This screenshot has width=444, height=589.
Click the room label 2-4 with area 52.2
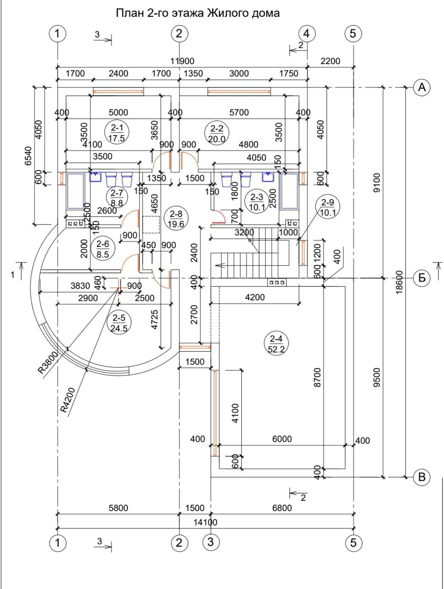click(x=276, y=343)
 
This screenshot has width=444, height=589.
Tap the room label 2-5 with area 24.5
click(x=119, y=322)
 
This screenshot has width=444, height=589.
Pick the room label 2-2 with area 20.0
click(x=217, y=133)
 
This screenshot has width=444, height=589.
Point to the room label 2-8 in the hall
click(x=176, y=218)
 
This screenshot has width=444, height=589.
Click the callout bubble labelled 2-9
click(x=328, y=207)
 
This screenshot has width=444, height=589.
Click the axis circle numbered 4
click(x=306, y=33)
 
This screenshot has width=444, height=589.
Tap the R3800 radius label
click(x=48, y=363)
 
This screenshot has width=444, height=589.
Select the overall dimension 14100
click(x=205, y=522)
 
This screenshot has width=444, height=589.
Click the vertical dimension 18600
click(x=399, y=282)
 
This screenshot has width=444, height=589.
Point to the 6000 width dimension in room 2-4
click(x=282, y=439)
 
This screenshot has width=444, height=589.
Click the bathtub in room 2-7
click(x=76, y=191)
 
